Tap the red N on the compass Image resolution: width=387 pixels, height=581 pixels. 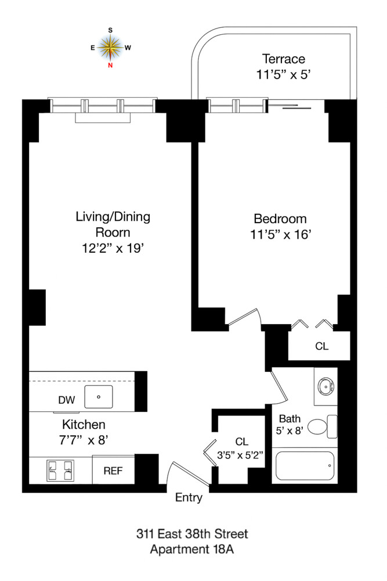pos(110,65)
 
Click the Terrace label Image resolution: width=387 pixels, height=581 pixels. pos(283,59)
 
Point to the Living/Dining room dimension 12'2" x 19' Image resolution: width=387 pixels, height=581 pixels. pos(113,248)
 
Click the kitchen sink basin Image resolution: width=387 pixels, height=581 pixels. pos(99,397)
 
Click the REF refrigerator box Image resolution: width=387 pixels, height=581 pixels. pos(113,470)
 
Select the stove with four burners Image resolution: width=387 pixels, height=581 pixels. pos(61,469)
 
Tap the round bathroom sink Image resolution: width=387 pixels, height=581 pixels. pos(324,385)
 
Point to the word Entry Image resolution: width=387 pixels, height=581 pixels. pos(189,497)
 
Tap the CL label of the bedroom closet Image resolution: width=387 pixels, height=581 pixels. pos(321,346)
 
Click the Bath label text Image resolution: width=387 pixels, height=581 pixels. pos(289,418)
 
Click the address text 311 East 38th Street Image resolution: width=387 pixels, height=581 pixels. pos(192,533)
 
